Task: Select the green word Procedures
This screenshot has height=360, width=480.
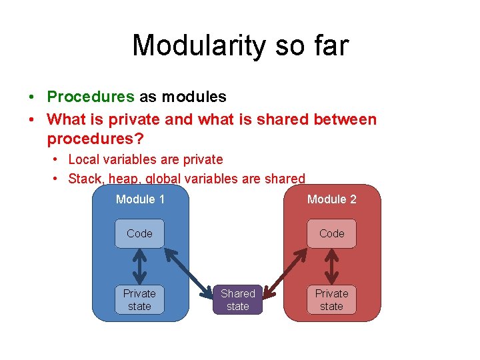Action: coord(91,97)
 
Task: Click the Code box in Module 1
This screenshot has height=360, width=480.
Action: coord(139,233)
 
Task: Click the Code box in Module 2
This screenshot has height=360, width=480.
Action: coord(331,233)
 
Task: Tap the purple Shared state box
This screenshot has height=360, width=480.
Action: coord(237,300)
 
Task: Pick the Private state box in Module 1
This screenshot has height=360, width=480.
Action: coord(139,300)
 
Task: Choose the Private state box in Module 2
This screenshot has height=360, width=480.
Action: coord(331,300)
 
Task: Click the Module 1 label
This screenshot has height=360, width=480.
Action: coord(140,199)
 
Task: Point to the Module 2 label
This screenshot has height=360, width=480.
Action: coord(331,199)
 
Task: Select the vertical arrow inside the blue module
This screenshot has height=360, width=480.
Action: coord(139,267)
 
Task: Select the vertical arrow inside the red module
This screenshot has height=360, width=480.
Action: coord(331,267)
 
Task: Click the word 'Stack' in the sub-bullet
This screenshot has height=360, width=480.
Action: coord(85,179)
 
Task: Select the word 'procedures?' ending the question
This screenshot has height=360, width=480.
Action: coord(95,140)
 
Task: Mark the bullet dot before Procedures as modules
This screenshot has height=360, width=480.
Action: coord(32,97)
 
